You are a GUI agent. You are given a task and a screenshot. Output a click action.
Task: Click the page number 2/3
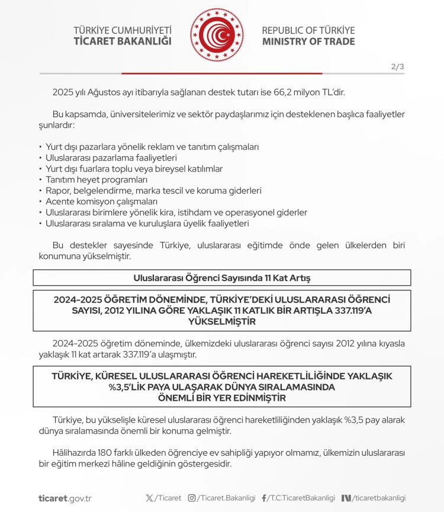tap(397, 66)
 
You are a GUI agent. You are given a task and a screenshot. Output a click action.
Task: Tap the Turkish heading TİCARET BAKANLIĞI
tap(123, 41)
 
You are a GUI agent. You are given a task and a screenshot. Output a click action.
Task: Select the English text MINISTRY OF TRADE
tap(308, 41)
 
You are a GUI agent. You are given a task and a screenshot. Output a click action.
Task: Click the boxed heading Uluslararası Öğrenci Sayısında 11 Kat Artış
tap(222, 278)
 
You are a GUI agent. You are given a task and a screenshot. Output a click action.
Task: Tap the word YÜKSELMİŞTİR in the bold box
tap(222, 321)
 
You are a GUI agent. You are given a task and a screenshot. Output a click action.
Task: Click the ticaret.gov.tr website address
tap(65, 498)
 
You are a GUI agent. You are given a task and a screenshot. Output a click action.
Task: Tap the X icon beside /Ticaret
tap(149, 498)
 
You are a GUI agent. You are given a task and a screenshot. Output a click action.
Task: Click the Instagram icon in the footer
tap(192, 498)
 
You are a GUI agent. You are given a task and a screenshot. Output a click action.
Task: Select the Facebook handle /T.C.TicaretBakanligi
tap(301, 498)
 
